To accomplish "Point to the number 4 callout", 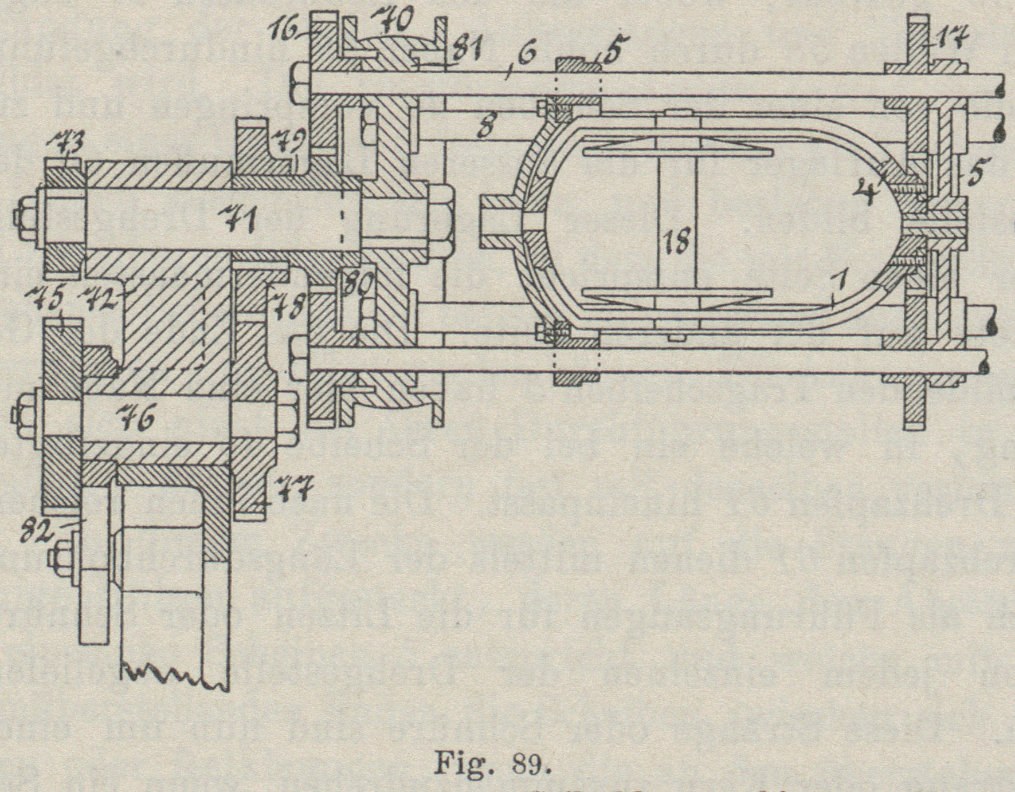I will [x=865, y=192].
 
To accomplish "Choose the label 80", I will [x=359, y=283].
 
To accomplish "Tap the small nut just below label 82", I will [x=57, y=558].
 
